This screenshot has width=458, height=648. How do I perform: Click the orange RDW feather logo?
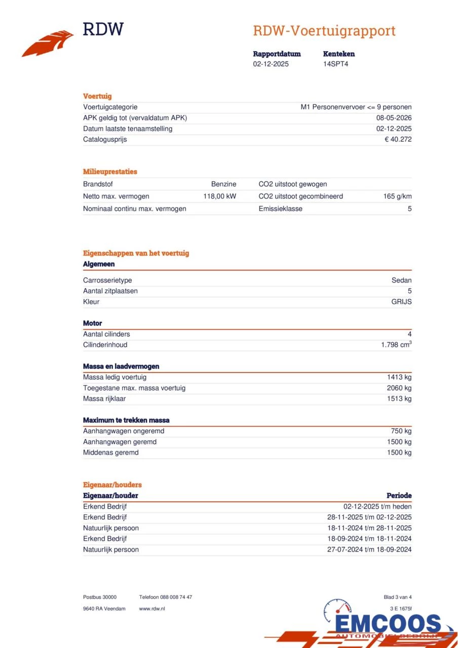click(x=48, y=44)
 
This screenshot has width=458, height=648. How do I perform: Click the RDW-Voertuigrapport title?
click(x=324, y=31)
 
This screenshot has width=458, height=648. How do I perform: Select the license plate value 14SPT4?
click(x=336, y=64)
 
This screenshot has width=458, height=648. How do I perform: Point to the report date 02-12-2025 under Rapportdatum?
click(x=271, y=64)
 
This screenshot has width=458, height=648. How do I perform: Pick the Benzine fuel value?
click(x=223, y=184)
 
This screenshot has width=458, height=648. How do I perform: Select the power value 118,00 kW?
click(x=220, y=196)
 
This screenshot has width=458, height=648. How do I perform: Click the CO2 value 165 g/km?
click(x=397, y=196)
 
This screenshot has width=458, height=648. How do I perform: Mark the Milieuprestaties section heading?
click(x=110, y=172)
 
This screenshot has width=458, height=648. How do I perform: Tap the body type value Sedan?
click(x=401, y=280)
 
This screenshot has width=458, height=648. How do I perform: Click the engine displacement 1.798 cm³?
click(x=396, y=345)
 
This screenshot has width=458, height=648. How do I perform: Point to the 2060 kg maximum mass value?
click(x=399, y=388)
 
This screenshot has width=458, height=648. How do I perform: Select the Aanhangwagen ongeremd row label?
click(x=124, y=431)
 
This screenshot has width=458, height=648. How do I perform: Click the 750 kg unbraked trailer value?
click(x=401, y=431)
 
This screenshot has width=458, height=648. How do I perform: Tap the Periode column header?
click(x=399, y=496)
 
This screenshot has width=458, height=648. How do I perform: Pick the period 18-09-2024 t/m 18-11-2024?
click(x=369, y=539)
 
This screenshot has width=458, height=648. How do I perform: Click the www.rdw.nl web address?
click(x=152, y=609)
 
